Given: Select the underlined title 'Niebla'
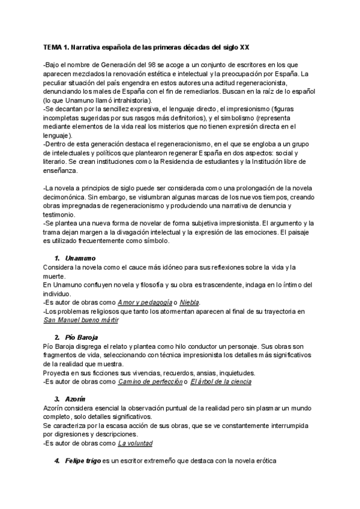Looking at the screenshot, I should pyautogui.click(x=189, y=302).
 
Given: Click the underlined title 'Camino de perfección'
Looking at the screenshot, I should pyautogui.click(x=151, y=382).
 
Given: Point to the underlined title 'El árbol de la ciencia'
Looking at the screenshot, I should pyautogui.click(x=221, y=382).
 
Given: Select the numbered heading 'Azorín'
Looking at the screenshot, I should pyautogui.click(x=74, y=399).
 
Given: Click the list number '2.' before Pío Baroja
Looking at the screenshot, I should pyautogui.click(x=56, y=338).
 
